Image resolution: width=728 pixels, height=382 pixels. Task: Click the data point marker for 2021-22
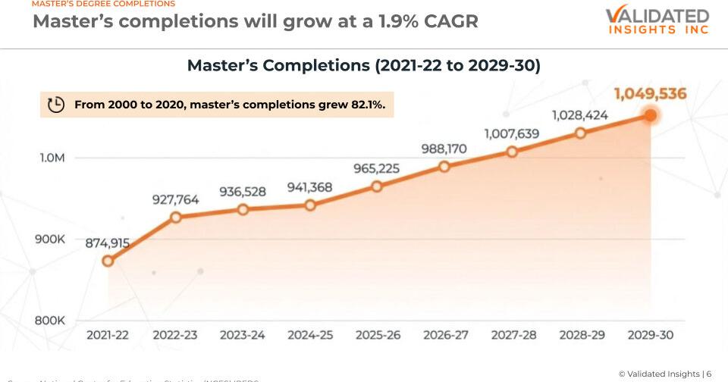(108, 261)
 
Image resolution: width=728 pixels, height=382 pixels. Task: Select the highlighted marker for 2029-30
(650, 115)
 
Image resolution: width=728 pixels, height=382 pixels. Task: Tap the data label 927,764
(176, 200)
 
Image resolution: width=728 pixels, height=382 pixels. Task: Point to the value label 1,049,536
(650, 94)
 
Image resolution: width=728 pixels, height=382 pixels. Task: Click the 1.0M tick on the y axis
(52, 158)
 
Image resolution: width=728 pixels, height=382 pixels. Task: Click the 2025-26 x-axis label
(377, 335)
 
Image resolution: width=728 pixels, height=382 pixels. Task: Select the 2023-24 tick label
(243, 335)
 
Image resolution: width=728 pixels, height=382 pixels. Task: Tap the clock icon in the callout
(56, 105)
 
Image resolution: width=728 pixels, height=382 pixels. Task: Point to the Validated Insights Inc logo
(657, 21)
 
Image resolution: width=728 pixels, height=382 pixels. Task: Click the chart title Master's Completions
(363, 66)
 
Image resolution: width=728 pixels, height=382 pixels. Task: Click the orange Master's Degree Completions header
(103, 4)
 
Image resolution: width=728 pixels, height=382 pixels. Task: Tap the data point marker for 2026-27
(444, 166)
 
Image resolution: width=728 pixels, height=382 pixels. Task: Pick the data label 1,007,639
(512, 134)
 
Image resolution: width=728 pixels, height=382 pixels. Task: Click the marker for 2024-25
(309, 205)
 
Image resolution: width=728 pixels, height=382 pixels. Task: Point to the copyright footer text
(664, 374)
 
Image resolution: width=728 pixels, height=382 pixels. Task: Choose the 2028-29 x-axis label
(582, 335)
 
